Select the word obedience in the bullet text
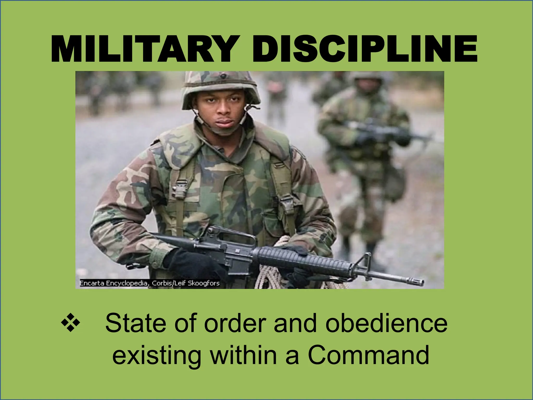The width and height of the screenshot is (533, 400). click(x=386, y=323)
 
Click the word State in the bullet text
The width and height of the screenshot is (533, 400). click(x=135, y=323)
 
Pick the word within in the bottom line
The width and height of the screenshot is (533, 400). click(x=243, y=355)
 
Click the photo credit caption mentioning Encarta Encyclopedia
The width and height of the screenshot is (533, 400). click(x=149, y=283)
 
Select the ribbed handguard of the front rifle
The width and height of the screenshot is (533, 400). click(x=299, y=259)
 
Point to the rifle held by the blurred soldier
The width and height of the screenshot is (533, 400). click(x=385, y=130)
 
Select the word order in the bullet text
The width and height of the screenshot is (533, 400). click(x=234, y=323)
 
